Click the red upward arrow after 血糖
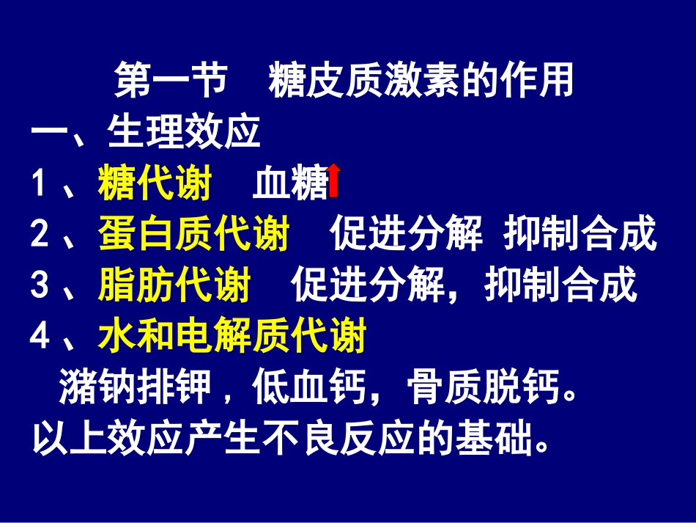(x=334, y=181)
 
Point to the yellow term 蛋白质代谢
(x=193, y=235)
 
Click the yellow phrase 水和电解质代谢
(x=232, y=337)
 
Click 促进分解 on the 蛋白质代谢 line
(x=406, y=235)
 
